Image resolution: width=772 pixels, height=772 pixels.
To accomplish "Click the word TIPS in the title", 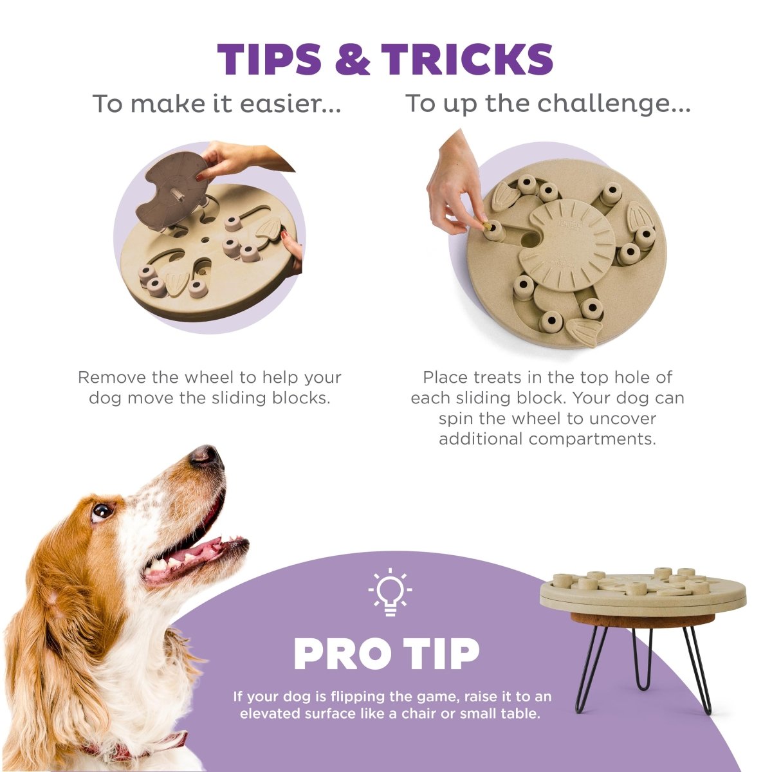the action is pos(269,59).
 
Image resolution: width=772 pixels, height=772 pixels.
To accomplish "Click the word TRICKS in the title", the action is pos(467,59).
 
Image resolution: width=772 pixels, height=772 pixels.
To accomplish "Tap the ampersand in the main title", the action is pos(351,59).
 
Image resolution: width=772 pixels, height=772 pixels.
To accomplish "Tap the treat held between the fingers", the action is pos(486,227).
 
